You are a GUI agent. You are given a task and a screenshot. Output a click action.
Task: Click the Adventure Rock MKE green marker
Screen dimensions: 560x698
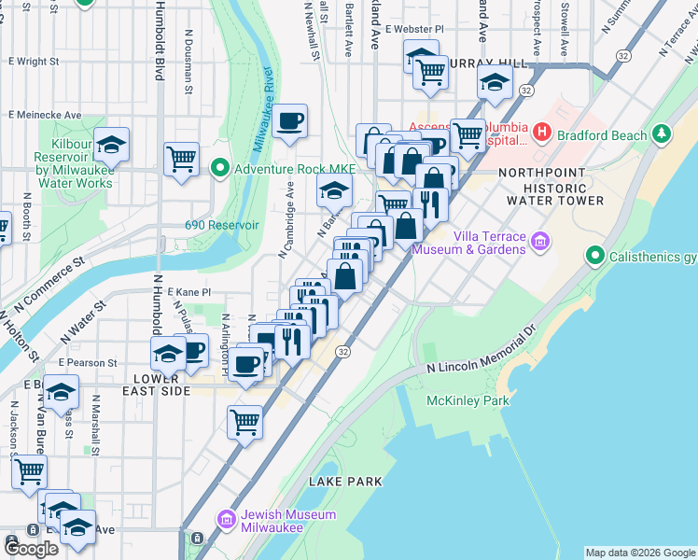220,169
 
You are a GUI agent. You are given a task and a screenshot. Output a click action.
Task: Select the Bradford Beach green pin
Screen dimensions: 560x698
662,135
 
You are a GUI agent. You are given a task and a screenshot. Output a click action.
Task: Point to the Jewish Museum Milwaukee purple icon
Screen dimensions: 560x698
226,518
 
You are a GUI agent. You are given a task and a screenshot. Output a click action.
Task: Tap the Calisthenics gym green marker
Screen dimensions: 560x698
594,255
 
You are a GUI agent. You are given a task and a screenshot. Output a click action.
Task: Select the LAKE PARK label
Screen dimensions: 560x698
345,482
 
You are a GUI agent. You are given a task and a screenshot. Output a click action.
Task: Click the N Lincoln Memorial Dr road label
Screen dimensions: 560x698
482,351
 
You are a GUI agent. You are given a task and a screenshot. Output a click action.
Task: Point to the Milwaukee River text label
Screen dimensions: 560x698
262,110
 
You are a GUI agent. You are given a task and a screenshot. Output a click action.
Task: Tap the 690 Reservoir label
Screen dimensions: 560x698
221,225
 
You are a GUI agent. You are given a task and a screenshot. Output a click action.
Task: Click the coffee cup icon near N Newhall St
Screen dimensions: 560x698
289,121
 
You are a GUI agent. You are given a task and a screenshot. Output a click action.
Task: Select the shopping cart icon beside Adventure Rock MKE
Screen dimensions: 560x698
181,158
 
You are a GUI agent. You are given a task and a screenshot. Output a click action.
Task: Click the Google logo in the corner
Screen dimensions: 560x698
31,548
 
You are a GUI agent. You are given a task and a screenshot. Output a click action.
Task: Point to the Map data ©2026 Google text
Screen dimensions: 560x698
639,553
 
